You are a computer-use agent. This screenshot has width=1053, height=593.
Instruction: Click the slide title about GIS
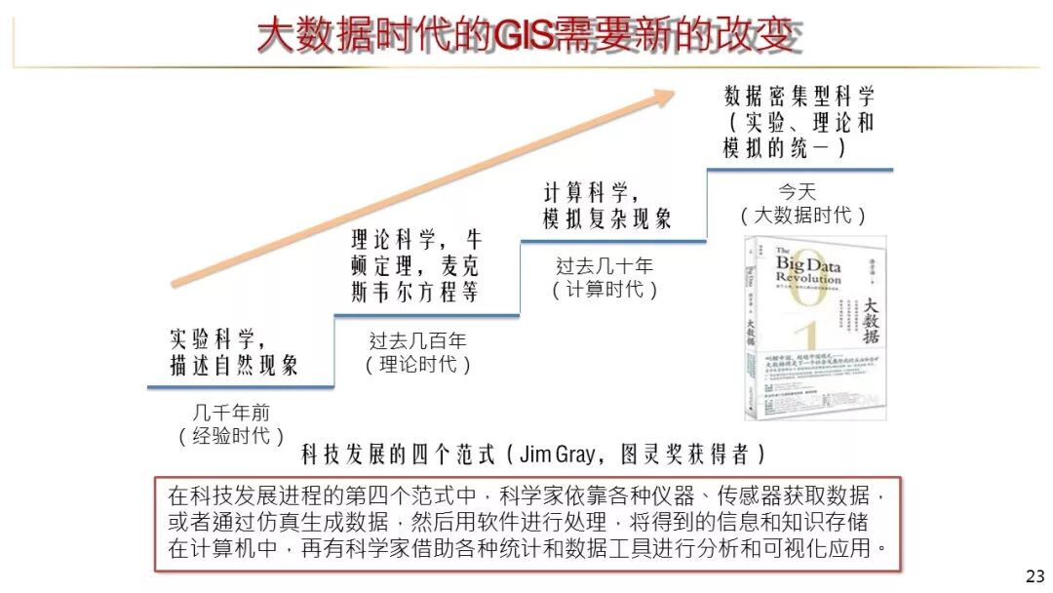[x=530, y=36]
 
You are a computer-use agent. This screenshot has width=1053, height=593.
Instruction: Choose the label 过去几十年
[x=604, y=265]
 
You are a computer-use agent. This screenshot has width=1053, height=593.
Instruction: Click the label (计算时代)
[x=604, y=290]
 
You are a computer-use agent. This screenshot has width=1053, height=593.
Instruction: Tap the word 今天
[x=797, y=191]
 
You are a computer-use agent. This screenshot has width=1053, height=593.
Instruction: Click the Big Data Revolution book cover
[x=815, y=328]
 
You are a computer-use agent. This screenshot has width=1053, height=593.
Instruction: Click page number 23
[x=1034, y=575]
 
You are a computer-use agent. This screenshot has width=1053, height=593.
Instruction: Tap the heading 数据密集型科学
[x=799, y=96]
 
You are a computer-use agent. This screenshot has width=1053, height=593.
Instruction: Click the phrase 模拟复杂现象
[x=606, y=218]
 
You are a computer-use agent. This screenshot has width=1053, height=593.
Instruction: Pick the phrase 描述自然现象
[x=234, y=366]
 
